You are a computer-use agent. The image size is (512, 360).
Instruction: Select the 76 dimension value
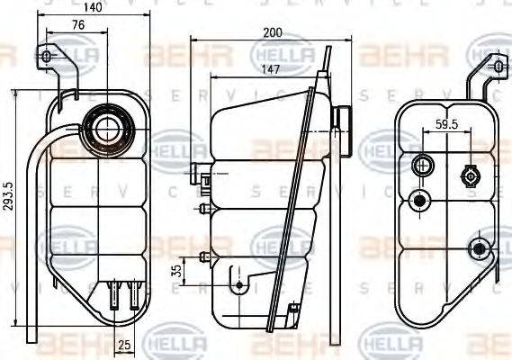point(78,26)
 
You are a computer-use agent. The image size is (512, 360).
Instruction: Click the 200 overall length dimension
point(273,32)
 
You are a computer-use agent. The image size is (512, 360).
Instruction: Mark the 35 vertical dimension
point(177,269)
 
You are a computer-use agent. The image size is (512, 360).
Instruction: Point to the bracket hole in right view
point(496,66)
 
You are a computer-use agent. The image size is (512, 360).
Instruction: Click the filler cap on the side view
point(341,117)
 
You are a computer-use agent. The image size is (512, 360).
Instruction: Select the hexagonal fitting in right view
point(469,174)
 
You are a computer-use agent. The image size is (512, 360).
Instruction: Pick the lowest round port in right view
point(481,247)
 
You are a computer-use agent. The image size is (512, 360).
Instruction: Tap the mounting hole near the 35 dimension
point(238,284)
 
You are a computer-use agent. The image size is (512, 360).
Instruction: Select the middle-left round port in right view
point(418,201)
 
